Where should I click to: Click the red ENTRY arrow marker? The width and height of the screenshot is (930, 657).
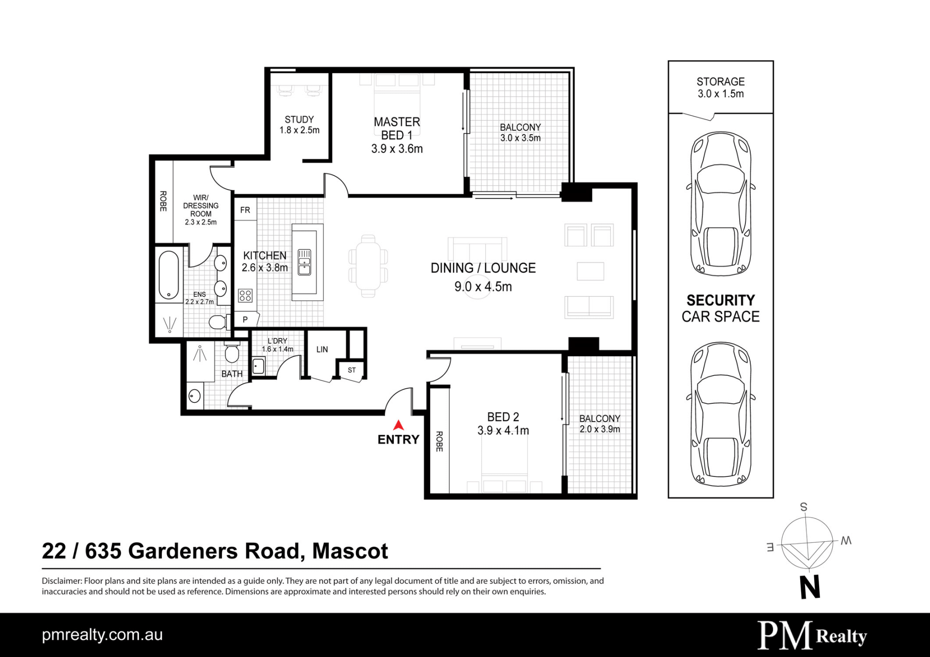(x=398, y=425)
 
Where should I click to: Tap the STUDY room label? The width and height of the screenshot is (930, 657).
(x=299, y=119)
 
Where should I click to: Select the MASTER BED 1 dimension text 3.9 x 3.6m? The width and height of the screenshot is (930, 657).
(x=397, y=149)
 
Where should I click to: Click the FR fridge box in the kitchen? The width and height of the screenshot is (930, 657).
(x=246, y=210)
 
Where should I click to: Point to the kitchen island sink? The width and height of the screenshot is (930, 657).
(x=304, y=262)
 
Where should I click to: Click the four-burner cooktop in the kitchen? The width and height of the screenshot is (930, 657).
(x=245, y=295)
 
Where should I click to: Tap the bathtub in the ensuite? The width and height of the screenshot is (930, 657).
(x=169, y=275)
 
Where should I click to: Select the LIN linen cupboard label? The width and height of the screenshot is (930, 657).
(x=322, y=349)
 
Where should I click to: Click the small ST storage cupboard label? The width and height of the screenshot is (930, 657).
(x=352, y=370)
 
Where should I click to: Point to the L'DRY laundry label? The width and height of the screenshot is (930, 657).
(x=278, y=341)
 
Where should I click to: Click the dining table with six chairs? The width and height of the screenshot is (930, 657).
(x=368, y=266)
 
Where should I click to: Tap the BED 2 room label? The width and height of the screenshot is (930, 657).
(x=503, y=417)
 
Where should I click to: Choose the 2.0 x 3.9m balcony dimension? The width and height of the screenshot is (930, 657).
(x=600, y=429)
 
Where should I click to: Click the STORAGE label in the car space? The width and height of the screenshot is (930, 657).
(x=721, y=82)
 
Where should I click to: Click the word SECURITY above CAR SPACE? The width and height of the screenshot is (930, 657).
(x=721, y=300)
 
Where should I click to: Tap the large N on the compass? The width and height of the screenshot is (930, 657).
(x=810, y=587)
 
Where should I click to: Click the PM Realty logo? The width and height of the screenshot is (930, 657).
(x=812, y=635)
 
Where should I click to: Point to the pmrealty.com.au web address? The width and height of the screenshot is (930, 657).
(x=102, y=635)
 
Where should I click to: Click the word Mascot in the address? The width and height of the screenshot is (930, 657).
(x=350, y=551)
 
